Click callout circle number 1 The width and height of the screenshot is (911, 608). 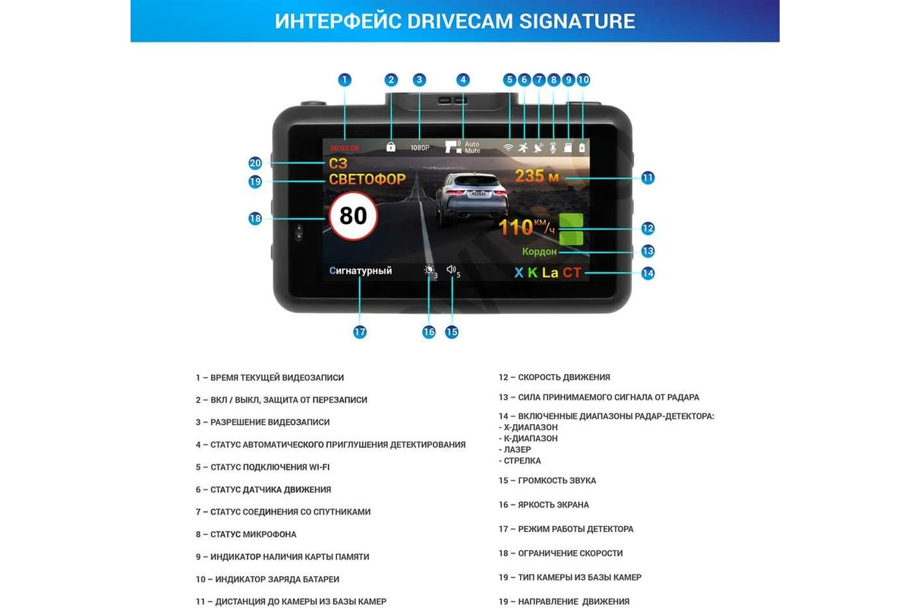pos(345,80)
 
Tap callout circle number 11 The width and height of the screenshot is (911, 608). pos(648,178)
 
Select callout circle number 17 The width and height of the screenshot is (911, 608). pos(360,332)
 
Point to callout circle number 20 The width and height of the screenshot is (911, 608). pos(255,163)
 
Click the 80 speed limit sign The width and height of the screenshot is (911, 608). pos(353,216)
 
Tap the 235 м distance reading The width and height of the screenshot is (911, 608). pos(537,176)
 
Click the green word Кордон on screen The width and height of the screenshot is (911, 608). pos(539,252)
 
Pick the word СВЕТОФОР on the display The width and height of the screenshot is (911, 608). pos(367,179)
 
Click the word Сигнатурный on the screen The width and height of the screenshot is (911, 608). pos(361,271)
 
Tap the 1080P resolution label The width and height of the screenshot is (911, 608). pos(420,147)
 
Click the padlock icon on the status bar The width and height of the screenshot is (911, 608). pos(391,147)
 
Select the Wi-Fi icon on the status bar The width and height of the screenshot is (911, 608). pos(509,147)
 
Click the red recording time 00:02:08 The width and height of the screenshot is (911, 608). pos(344,148)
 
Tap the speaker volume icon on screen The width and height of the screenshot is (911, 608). pos(451,270)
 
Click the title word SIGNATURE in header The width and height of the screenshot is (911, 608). pos(577,21)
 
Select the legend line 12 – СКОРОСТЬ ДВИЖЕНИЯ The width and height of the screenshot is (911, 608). pos(554,377)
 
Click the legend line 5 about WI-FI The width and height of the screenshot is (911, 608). pos(263,467)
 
